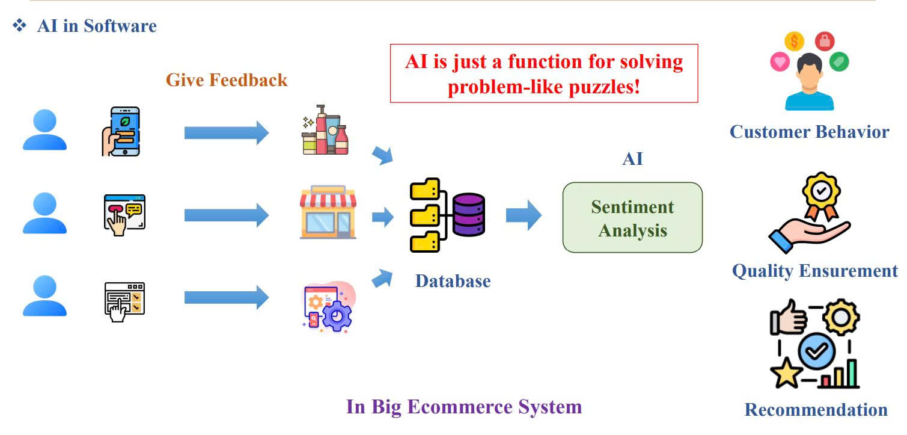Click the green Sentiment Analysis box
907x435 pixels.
pyautogui.click(x=632, y=218)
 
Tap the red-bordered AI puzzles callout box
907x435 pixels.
pyautogui.click(x=544, y=73)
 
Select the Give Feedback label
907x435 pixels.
pyautogui.click(x=227, y=79)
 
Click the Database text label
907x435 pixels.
pyautogui.click(x=453, y=280)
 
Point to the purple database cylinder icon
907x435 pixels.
pyautogui.click(x=469, y=214)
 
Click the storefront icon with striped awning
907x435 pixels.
pyautogui.click(x=328, y=214)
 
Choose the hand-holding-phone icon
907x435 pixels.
pyautogui.click(x=121, y=132)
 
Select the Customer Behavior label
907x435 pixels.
pyautogui.click(x=809, y=132)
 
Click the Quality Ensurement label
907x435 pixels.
pyautogui.click(x=814, y=271)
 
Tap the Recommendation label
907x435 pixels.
pyautogui.click(x=816, y=410)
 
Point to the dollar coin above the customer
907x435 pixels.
pyautogui.click(x=794, y=42)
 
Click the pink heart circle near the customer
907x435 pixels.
pyautogui.click(x=780, y=61)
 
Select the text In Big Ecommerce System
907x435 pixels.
pyautogui.click(x=463, y=407)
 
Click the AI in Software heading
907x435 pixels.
pyautogui.click(x=96, y=26)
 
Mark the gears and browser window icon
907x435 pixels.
pyautogui.click(x=328, y=307)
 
